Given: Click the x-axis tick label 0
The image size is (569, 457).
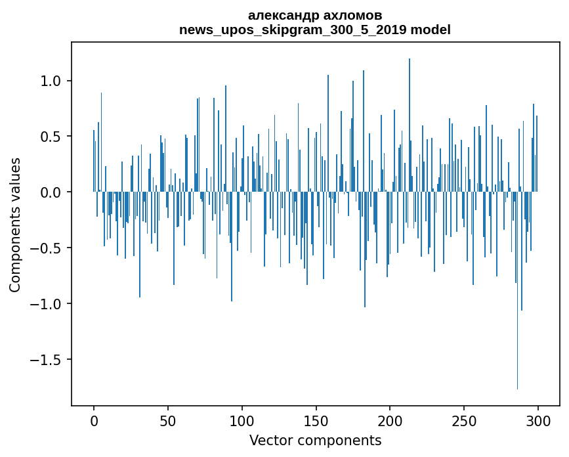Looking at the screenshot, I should [94, 420].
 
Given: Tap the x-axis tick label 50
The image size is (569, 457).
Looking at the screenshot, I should [168, 420].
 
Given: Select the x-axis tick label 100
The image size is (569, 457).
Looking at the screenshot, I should [242, 420].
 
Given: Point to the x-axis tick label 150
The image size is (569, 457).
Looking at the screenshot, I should [316, 420].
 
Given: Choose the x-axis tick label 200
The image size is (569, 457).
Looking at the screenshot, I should [390, 420].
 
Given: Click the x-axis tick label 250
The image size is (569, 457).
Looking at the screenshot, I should [464, 420].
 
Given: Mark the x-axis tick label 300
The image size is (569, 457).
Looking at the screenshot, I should [538, 420].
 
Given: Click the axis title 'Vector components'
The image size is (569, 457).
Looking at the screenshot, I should [315, 440].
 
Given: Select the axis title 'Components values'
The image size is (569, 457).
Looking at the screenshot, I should [15, 225].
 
